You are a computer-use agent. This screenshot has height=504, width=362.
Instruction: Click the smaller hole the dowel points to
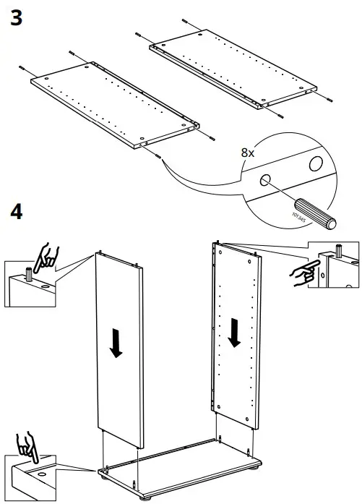click(x=267, y=181)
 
